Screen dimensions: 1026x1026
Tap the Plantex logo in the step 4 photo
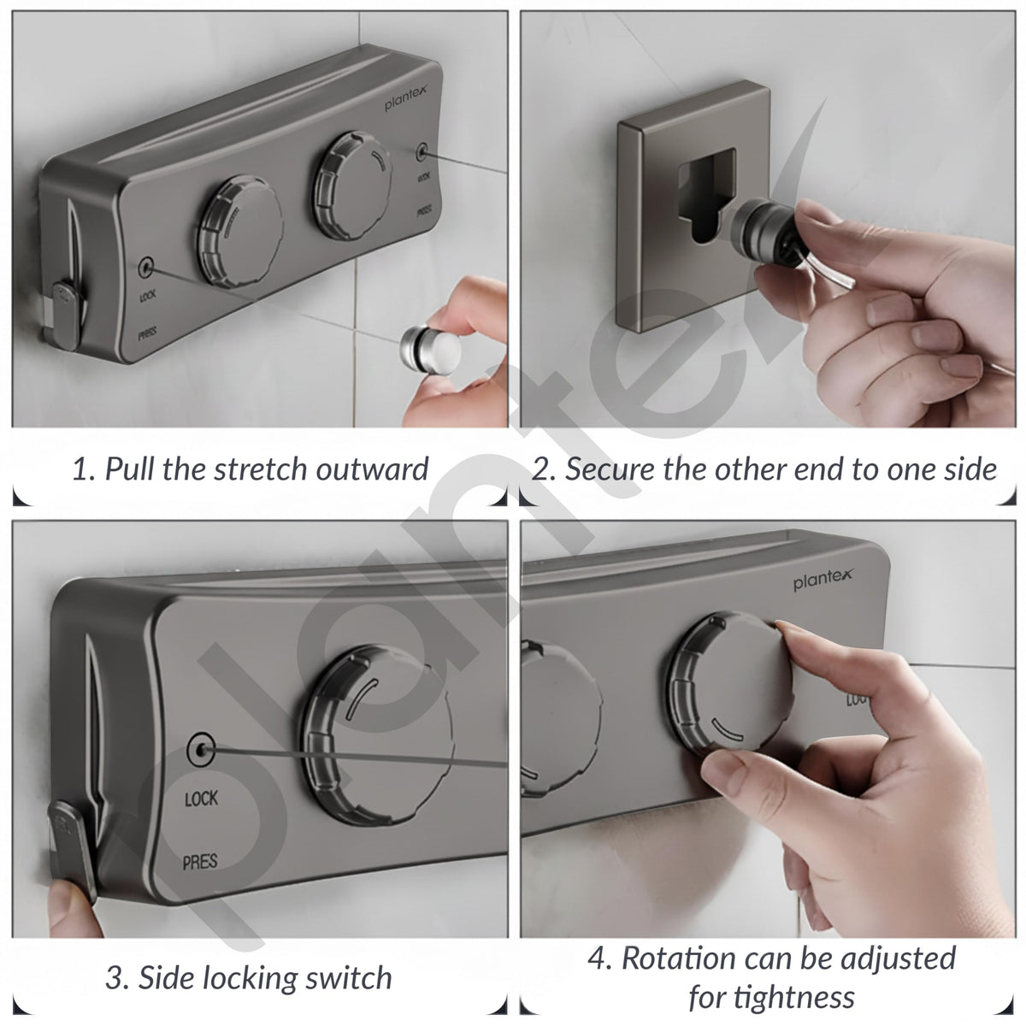(x=823, y=579)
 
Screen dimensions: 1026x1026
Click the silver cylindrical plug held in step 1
(x=430, y=351)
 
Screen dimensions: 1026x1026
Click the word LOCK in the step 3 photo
(x=201, y=798)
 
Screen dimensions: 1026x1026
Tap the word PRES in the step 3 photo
(x=200, y=861)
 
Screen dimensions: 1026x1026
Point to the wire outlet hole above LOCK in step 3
(x=202, y=750)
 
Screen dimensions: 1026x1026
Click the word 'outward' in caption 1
(x=372, y=469)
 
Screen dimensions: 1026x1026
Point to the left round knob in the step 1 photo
(x=239, y=231)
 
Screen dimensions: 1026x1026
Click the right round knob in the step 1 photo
(x=352, y=185)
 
